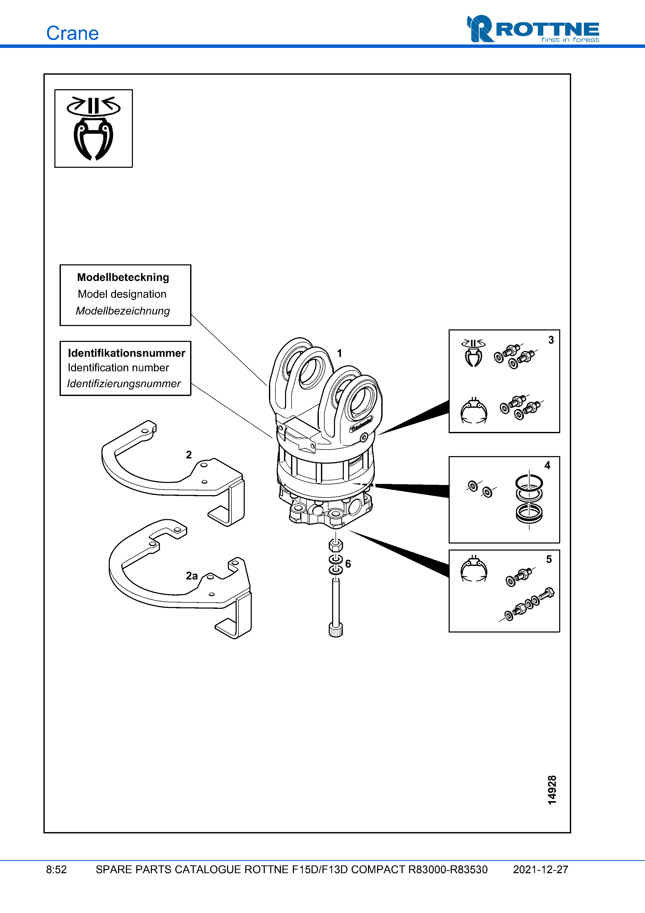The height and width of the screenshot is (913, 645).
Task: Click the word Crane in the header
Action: click(72, 33)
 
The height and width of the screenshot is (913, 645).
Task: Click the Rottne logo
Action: click(533, 29)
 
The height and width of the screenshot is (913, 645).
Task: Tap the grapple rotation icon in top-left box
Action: click(93, 129)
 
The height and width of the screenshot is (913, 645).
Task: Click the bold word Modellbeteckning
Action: click(123, 277)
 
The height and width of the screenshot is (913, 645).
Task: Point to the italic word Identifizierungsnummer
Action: click(124, 384)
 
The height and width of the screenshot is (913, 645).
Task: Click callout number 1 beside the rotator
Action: click(339, 353)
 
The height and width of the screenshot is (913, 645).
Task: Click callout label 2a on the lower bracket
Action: click(192, 576)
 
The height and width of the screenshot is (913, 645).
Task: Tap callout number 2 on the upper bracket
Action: click(189, 455)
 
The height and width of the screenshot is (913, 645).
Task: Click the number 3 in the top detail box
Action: click(551, 340)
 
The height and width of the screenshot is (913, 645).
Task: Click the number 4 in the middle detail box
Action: click(547, 465)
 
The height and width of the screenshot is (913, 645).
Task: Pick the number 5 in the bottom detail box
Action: click(549, 559)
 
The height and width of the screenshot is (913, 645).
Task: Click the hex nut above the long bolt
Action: click(336, 545)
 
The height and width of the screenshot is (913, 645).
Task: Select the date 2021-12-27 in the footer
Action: click(540, 870)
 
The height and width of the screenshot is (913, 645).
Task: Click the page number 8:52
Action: click(56, 870)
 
